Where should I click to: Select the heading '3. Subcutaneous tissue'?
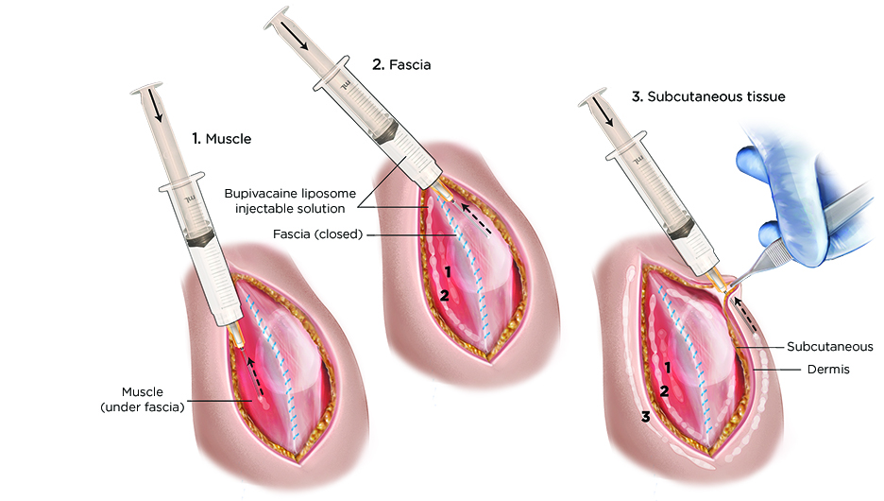[704, 95]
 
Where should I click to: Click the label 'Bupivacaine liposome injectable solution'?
[291, 200]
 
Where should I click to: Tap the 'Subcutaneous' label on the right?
[829, 347]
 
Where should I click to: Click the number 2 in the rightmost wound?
[666, 390]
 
